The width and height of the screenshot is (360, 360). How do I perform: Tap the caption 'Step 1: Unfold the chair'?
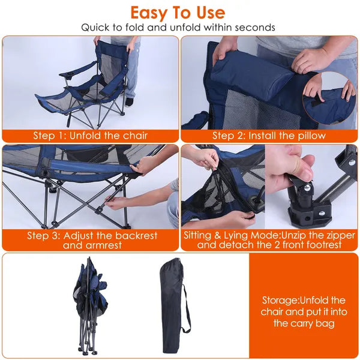(90, 135)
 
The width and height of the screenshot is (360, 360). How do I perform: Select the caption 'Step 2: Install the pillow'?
(269, 135)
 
